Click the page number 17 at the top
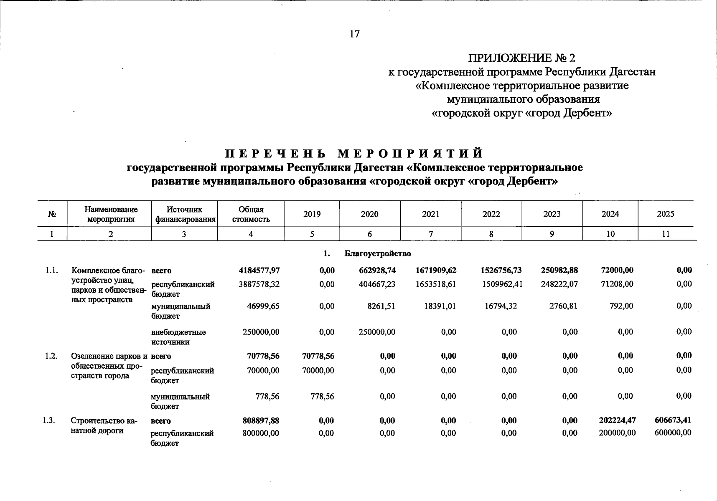tap(354, 34)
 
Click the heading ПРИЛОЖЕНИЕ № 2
tap(521, 58)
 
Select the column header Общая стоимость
tap(251, 214)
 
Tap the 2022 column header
tap(491, 214)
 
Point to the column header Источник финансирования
tap(184, 214)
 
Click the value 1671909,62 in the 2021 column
tap(436, 270)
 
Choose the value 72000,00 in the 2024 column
tap(617, 270)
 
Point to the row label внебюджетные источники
tap(178, 337)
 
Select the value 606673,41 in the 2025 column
tap(673, 420)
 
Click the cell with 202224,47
tap(616, 420)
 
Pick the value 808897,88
tap(261, 420)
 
